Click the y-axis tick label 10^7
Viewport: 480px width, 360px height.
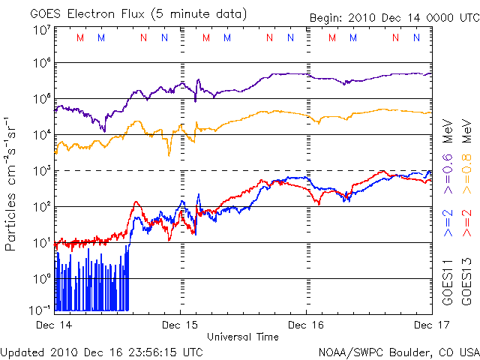(x=42, y=30)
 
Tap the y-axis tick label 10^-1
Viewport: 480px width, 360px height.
(x=40, y=310)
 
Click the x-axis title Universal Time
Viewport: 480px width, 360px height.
(x=242, y=337)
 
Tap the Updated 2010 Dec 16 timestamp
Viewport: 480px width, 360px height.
(x=101, y=351)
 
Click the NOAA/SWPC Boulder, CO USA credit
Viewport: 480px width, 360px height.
(x=398, y=351)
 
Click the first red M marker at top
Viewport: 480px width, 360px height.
(x=80, y=37)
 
